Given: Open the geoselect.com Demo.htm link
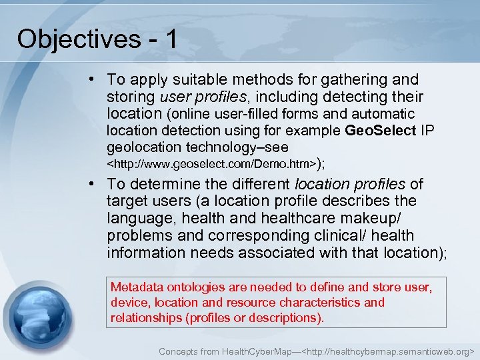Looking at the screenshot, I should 211,163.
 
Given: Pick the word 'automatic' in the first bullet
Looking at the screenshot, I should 383,114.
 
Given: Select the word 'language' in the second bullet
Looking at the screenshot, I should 136,219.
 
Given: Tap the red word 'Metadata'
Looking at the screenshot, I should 136,287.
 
